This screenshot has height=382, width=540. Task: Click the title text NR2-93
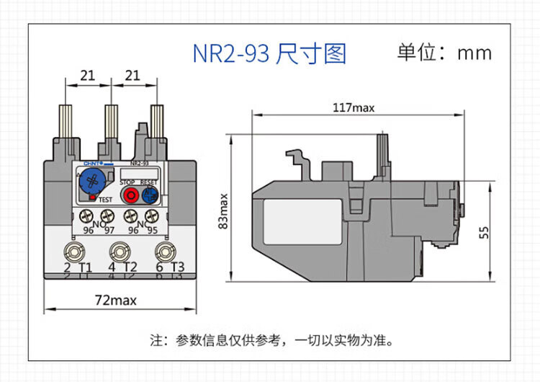click(230, 54)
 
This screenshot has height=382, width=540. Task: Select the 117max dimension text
click(354, 108)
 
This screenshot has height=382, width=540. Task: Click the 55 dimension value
click(484, 232)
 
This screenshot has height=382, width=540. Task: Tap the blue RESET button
click(150, 194)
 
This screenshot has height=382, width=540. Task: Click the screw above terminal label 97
click(108, 216)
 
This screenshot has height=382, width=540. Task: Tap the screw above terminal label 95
click(151, 216)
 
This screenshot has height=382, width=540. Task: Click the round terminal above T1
click(73, 252)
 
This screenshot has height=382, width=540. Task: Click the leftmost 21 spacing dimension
click(88, 76)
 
